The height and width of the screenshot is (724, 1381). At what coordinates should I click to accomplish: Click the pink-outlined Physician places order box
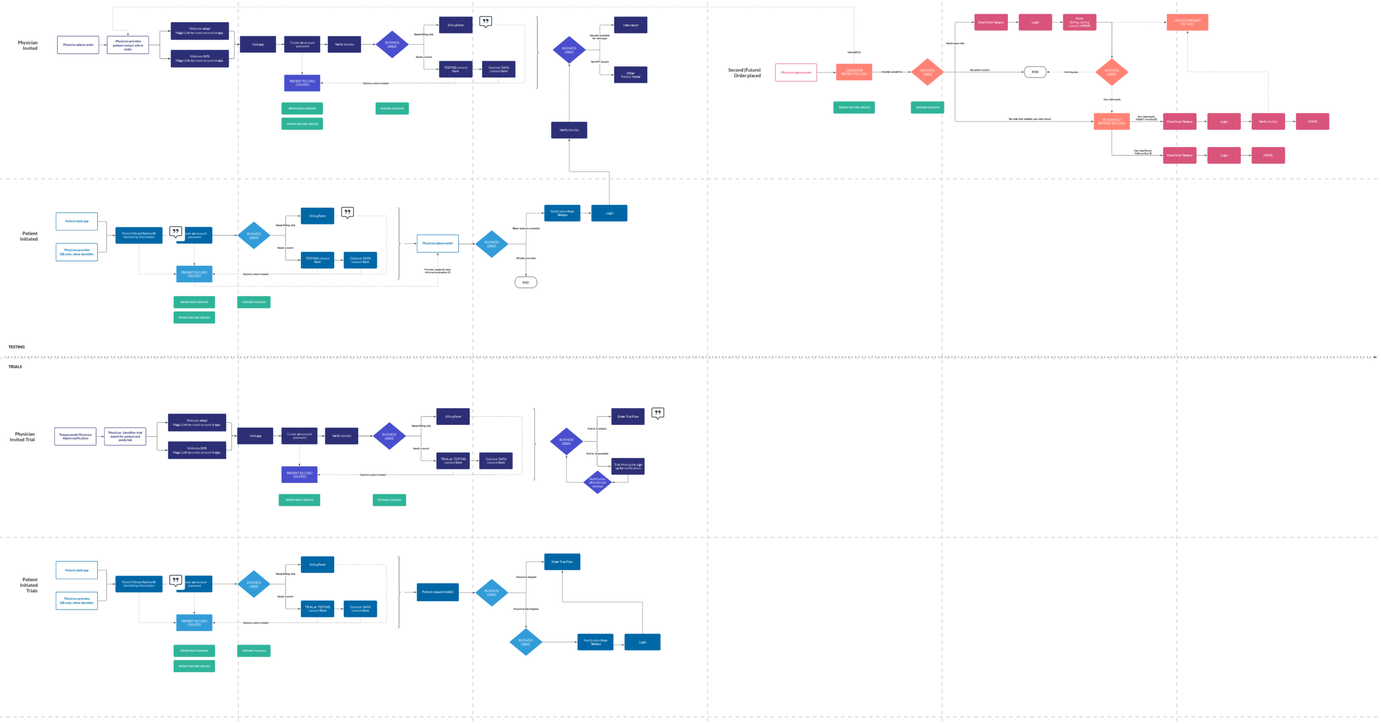coord(795,72)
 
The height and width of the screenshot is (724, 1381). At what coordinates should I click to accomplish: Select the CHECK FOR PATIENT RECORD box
coord(853,72)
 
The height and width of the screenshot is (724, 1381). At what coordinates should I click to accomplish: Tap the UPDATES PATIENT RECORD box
coord(1187,22)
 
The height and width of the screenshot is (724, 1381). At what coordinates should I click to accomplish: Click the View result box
coord(630,25)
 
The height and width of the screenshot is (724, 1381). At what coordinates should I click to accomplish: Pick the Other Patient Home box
coord(630,75)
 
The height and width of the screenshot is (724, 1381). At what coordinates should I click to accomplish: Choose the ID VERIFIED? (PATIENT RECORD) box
coord(1111,122)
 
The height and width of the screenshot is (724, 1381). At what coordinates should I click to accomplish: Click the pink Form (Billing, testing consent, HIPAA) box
coord(1079,22)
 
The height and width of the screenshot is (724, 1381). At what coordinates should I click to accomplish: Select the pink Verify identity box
coord(1268,122)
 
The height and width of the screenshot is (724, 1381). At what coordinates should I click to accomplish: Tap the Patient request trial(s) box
coord(438,592)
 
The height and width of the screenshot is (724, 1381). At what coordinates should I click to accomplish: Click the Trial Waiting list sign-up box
coord(628,466)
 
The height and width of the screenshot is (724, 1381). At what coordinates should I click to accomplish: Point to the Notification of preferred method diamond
coord(597,482)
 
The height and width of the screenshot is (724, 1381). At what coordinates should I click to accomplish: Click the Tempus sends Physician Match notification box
coord(75,436)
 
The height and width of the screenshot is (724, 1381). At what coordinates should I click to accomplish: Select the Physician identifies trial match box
coord(125,436)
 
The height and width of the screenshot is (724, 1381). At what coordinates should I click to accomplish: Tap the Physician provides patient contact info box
coord(128,45)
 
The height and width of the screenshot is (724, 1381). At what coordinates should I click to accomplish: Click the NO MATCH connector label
coord(853,53)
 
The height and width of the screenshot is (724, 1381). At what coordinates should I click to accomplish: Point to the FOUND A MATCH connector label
coord(892,72)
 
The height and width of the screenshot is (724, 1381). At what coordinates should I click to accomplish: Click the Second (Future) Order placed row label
coord(744,72)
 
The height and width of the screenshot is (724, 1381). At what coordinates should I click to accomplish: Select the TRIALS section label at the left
coord(15,366)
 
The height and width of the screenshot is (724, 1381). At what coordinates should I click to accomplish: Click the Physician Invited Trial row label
coord(23,437)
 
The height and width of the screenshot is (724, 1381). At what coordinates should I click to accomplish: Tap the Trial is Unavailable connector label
coord(597,454)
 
